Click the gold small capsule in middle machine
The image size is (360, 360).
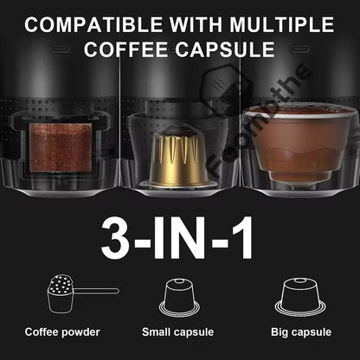click(177, 156)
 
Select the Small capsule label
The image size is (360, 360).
click(180, 331)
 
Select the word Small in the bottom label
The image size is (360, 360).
click(157, 331)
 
